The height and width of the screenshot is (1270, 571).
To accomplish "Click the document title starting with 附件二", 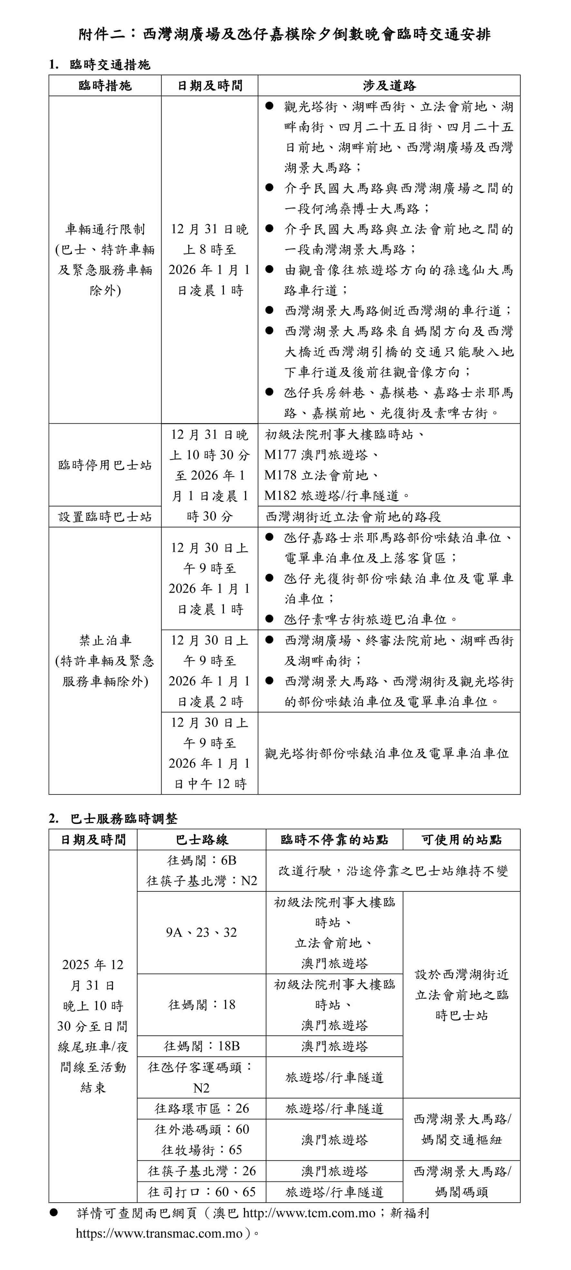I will point(285,34).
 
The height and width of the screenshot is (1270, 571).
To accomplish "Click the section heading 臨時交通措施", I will point(110,65).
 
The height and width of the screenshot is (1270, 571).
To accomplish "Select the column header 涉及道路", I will point(389,86).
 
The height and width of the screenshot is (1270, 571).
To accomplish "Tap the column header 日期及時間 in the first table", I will point(210,86).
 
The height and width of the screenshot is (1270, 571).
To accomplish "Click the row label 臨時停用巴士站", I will point(105,465).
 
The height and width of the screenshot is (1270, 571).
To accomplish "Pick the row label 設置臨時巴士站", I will point(105,517).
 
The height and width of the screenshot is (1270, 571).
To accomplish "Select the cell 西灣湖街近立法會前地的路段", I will point(353,517).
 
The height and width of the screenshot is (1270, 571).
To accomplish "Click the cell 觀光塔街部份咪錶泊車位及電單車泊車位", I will point(386,753).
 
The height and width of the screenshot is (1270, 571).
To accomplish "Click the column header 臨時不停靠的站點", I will point(334,840).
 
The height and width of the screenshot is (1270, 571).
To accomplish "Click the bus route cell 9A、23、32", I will point(201,932).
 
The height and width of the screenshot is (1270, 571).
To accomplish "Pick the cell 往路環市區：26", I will point(201,1108).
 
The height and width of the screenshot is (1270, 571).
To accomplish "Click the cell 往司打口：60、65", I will point(201,1192).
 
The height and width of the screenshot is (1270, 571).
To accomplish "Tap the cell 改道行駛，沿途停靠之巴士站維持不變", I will point(393,871).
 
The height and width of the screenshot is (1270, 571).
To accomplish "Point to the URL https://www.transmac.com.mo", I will point(159,1234).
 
